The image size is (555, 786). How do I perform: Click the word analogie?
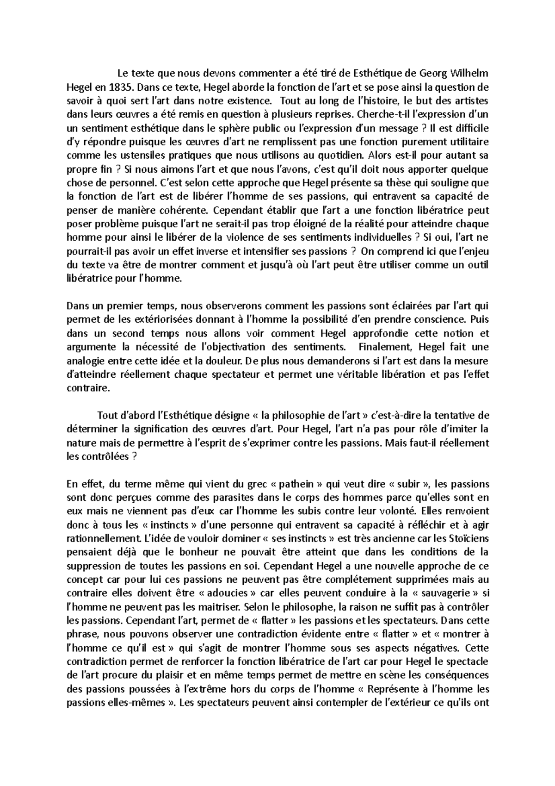(86, 361)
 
